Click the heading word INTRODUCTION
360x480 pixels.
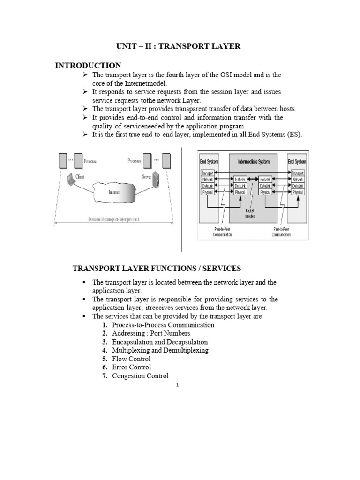click(x=88, y=65)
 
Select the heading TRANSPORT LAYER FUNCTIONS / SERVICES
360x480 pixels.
click(x=156, y=268)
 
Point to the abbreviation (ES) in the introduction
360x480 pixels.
click(x=294, y=135)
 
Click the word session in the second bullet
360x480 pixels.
click(x=203, y=92)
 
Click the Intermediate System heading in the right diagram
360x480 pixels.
click(x=253, y=162)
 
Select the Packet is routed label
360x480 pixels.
click(x=249, y=214)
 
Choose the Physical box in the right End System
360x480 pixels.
click(x=297, y=192)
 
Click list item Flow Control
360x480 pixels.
click(x=131, y=359)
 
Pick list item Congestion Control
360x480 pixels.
click(x=140, y=375)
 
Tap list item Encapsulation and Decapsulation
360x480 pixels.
click(x=160, y=342)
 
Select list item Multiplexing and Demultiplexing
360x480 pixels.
click(x=160, y=350)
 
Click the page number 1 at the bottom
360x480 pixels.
click(x=178, y=385)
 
